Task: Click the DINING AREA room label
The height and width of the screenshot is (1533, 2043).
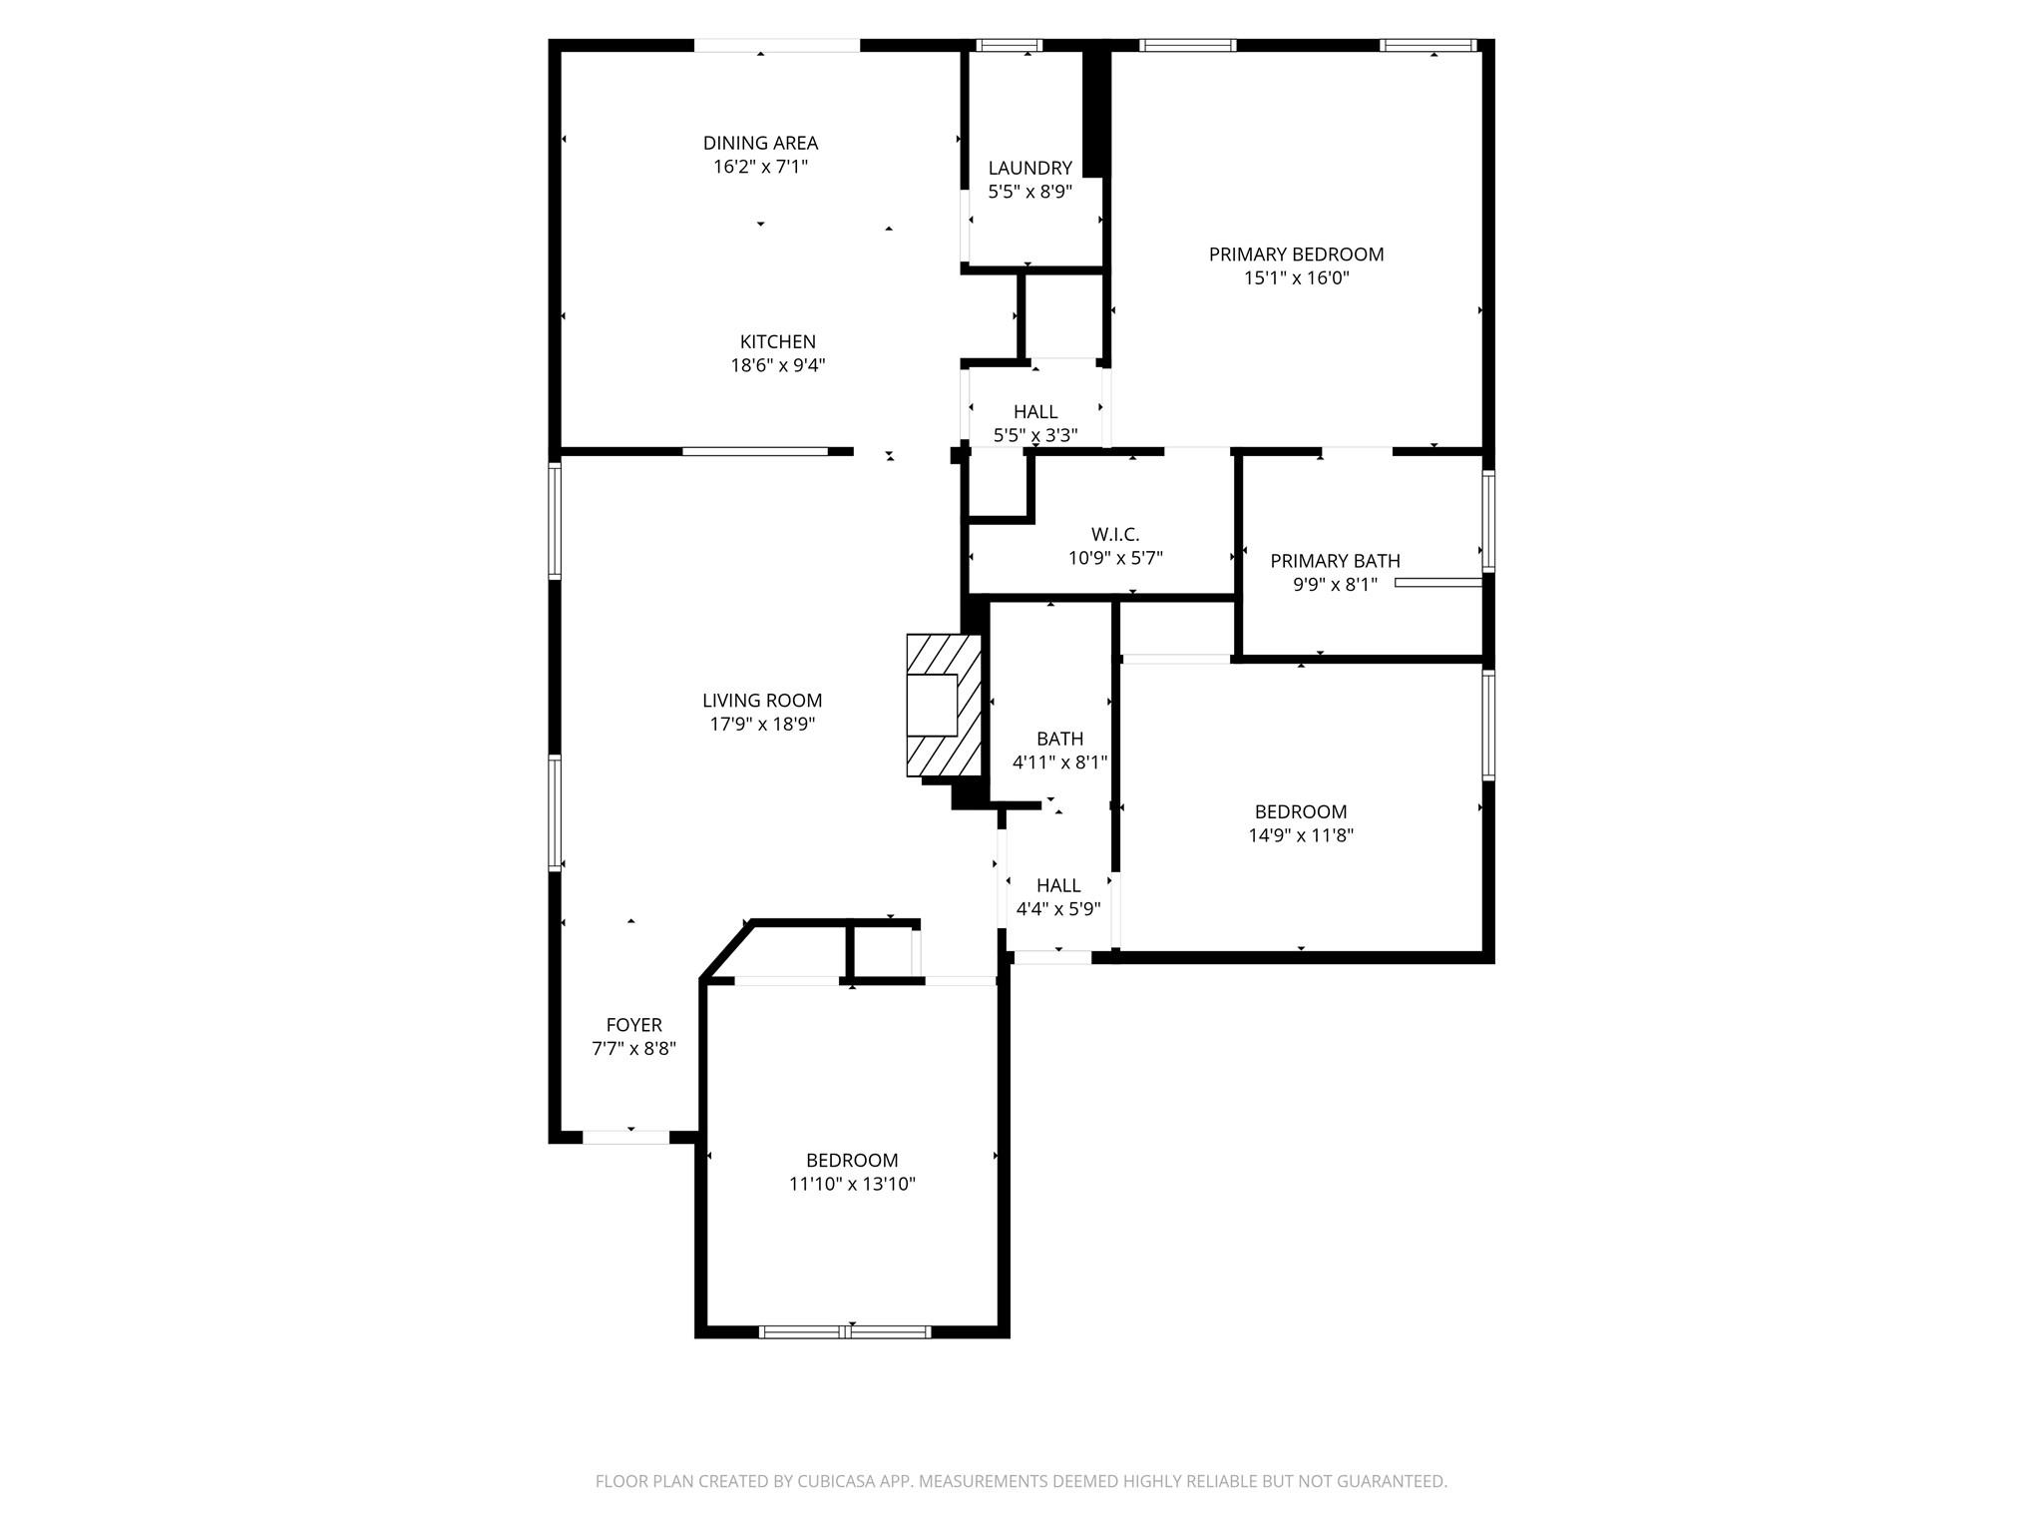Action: (760, 143)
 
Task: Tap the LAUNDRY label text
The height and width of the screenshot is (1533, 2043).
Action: (1029, 168)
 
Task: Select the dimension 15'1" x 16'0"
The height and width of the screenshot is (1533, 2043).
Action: (1296, 278)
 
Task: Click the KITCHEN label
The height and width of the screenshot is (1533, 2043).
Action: (777, 341)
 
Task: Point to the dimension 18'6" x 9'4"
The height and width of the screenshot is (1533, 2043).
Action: (777, 366)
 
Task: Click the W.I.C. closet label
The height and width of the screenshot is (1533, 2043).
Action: (1114, 535)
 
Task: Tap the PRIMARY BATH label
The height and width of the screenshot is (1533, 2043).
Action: (1334, 561)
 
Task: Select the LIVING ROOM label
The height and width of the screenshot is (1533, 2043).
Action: (762, 701)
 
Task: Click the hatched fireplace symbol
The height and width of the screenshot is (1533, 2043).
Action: (943, 706)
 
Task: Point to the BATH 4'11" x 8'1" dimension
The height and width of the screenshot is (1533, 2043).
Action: (1059, 764)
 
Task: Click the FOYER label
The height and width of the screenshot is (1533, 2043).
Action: (633, 1025)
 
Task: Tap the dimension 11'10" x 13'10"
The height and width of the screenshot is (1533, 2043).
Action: (852, 1185)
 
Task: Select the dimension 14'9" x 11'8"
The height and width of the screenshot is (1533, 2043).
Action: (1300, 836)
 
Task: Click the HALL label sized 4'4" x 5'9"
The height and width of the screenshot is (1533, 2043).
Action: (1057, 885)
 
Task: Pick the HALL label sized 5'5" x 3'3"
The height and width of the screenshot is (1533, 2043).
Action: (1034, 411)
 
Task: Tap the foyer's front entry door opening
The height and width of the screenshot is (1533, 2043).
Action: (625, 1137)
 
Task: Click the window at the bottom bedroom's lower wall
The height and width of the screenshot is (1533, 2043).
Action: (845, 1331)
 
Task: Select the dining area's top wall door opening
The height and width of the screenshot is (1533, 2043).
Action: (776, 46)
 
